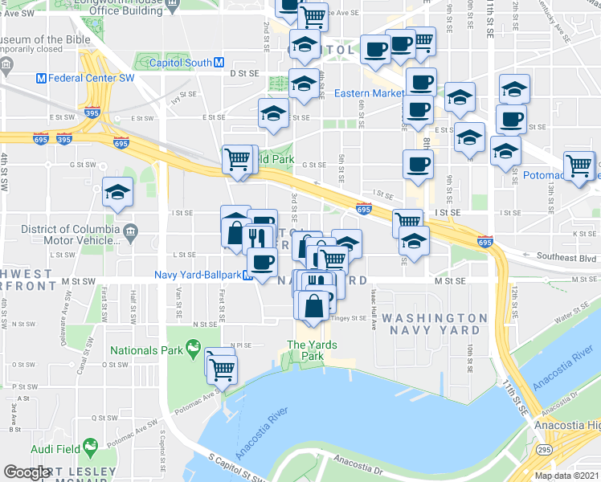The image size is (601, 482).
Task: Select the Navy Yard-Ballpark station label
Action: tap(198, 275)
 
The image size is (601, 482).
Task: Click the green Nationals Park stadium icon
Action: tap(192, 348)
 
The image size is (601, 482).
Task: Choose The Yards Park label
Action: tap(307, 351)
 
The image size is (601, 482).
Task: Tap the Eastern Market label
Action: tap(369, 93)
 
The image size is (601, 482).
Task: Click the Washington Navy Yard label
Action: tap(434, 325)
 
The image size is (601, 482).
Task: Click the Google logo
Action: tap(26, 473)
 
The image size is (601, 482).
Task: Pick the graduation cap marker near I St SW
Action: tap(118, 192)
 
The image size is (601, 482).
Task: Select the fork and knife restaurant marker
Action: tap(257, 236)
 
